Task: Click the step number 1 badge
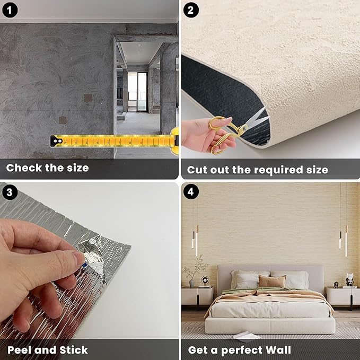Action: click(10, 10)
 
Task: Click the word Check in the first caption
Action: click(24, 168)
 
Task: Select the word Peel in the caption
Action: click(20, 350)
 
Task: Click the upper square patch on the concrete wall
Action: click(87, 99)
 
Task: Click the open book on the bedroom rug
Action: click(246, 335)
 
